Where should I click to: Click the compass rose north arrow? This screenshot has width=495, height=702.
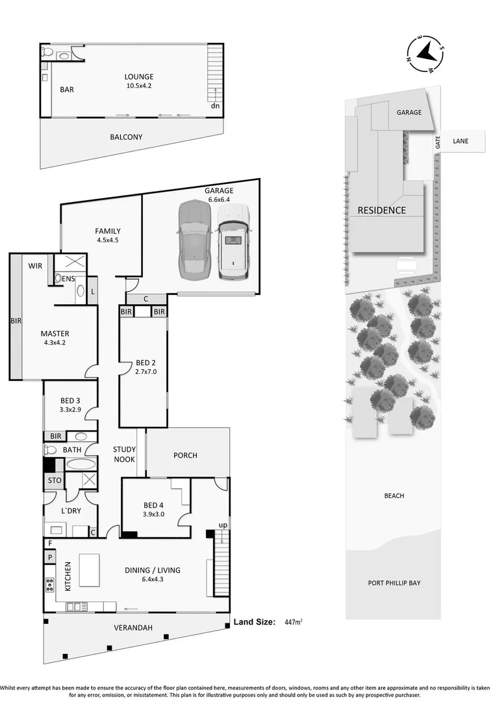[x=425, y=51]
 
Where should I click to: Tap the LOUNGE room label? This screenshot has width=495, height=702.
[x=140, y=77]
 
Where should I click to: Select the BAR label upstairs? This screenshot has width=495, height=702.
[x=67, y=90]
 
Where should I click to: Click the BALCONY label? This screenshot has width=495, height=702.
[x=126, y=137]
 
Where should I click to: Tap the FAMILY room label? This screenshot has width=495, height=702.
[x=107, y=231]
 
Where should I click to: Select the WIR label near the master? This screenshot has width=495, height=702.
[x=35, y=266]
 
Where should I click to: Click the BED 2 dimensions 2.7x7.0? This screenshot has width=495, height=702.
[x=146, y=372]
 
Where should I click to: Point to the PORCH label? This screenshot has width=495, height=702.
[x=185, y=455]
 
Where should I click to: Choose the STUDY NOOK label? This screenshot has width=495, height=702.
[x=124, y=454]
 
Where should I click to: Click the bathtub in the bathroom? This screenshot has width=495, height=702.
[x=81, y=465]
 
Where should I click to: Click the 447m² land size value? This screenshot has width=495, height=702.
[x=294, y=622]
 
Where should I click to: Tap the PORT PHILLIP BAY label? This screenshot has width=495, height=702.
[x=394, y=583]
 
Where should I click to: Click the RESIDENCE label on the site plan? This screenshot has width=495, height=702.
[x=382, y=210]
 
